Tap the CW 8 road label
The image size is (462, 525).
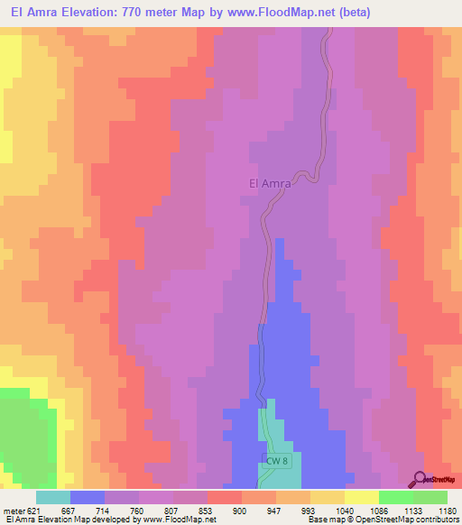[x=276, y=462]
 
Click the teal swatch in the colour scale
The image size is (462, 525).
[x=52, y=497]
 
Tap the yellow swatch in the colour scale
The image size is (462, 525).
[x=361, y=497]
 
